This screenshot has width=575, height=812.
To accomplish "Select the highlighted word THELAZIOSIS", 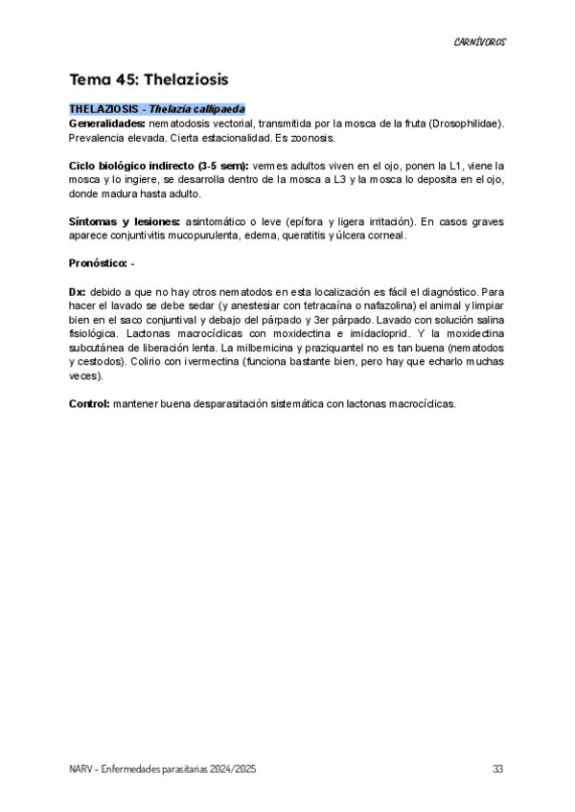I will click(x=98, y=109).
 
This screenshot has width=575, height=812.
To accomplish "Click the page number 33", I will click(x=497, y=769).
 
